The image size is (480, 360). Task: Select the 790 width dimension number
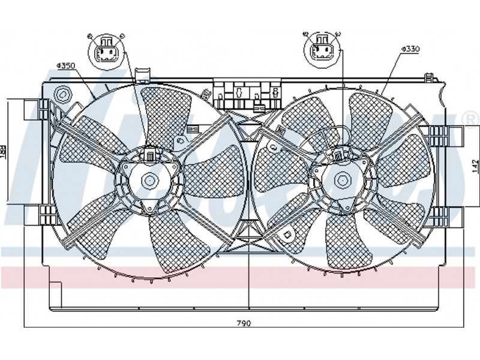point(242,323)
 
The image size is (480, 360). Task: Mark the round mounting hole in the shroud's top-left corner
point(61,95)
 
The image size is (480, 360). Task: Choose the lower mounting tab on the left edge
point(34,213)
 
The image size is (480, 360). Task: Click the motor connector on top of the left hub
point(148,155)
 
